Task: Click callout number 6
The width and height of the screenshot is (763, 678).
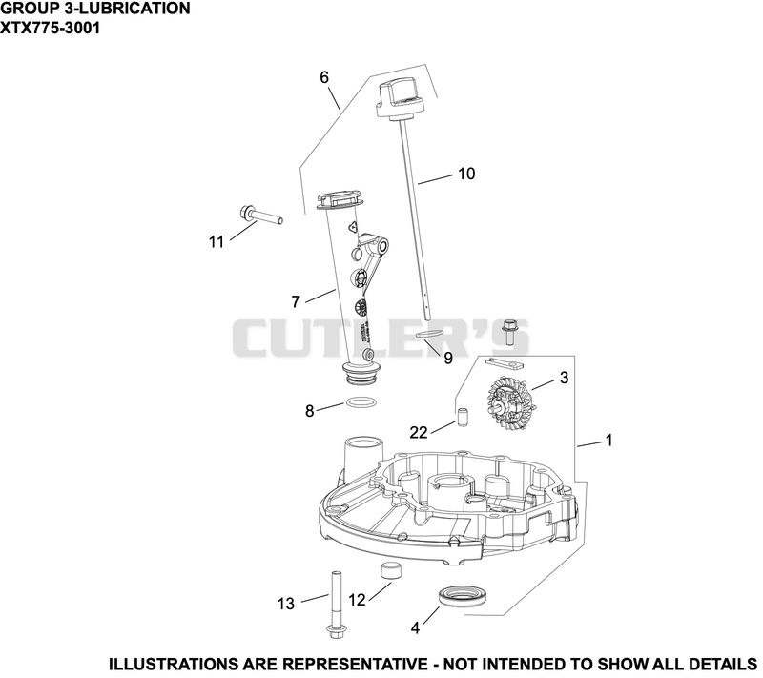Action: [324, 77]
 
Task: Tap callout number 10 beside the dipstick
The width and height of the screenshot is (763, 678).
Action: [466, 174]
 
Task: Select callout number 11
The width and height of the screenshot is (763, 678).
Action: [217, 241]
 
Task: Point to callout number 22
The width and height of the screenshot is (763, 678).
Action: [418, 432]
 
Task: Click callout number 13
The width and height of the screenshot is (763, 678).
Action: [286, 604]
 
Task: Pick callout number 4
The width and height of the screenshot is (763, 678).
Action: [415, 627]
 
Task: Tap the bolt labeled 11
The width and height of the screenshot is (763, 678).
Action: [261, 216]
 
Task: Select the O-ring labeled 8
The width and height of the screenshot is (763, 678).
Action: [361, 402]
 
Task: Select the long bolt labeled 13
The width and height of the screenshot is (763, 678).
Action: [336, 605]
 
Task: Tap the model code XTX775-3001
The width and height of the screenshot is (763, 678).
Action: [51, 28]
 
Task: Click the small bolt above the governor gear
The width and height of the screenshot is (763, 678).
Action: [509, 332]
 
